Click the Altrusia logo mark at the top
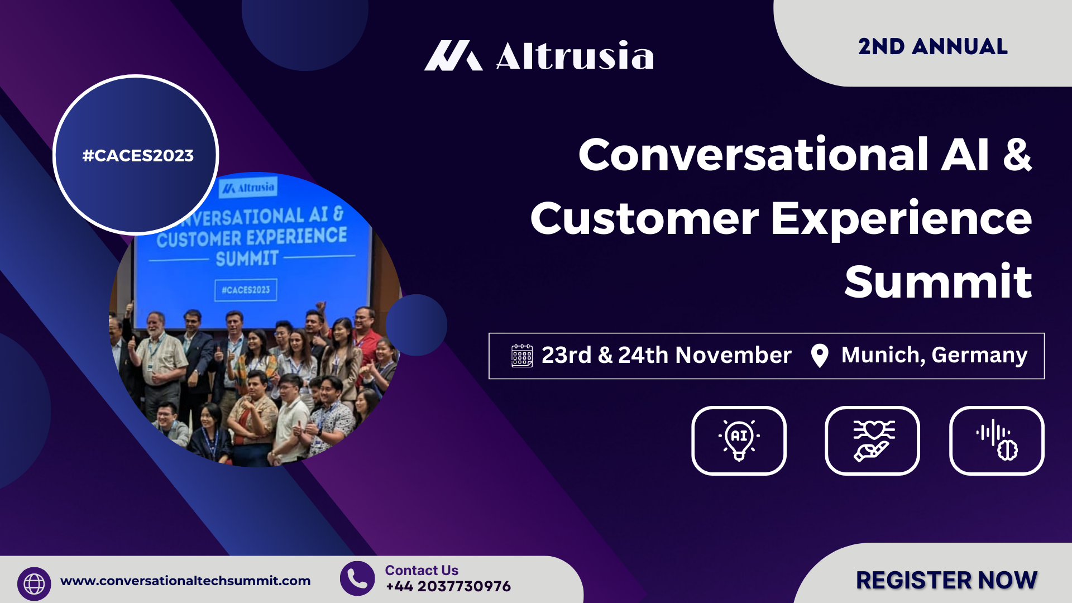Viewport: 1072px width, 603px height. coord(453,55)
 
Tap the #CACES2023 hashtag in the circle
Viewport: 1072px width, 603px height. coord(138,155)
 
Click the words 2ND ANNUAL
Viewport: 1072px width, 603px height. coord(933,46)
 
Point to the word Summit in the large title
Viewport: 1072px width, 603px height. coord(938,281)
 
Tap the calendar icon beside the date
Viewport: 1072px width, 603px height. coord(522,355)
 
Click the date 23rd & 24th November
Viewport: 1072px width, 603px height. coord(667,355)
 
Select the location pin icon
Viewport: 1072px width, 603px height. coord(820,356)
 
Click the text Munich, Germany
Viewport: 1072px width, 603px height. coord(934,356)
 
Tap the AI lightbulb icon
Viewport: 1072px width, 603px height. coord(739,441)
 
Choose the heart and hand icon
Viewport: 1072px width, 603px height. coord(872,441)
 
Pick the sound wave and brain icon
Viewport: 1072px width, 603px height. coord(997,441)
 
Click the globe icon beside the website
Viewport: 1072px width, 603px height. coord(34,584)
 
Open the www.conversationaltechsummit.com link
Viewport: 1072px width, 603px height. coord(185,581)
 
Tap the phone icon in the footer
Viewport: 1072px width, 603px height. coord(357,578)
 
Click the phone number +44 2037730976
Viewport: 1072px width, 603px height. coord(448,586)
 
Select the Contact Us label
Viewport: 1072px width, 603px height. coord(422,570)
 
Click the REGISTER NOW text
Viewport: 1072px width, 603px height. coord(947,580)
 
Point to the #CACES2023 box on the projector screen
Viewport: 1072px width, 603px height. coord(246,290)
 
